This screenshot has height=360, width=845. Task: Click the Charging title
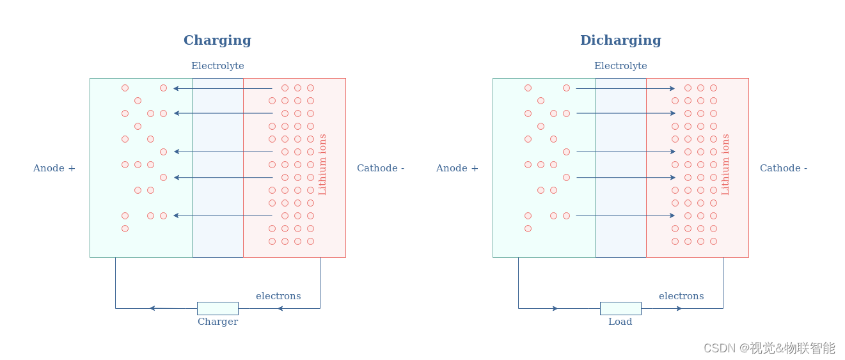(x=217, y=40)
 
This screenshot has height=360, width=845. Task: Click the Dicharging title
(x=620, y=40)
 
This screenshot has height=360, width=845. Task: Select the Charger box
(x=217, y=308)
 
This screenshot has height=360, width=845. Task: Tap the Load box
(x=620, y=308)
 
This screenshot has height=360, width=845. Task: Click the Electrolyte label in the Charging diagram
(x=217, y=66)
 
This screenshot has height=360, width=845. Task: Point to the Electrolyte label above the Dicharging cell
(x=620, y=66)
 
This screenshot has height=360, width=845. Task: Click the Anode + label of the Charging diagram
(x=54, y=168)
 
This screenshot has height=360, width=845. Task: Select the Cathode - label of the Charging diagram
(x=381, y=168)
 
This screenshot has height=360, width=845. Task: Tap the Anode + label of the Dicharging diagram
(x=457, y=168)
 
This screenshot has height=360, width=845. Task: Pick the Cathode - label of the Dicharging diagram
(x=784, y=168)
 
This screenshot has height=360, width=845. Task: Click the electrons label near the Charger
(x=278, y=296)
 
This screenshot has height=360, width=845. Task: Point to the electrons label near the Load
(x=681, y=296)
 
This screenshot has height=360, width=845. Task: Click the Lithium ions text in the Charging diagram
(x=322, y=164)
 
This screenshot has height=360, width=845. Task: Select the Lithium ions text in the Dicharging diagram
(x=725, y=164)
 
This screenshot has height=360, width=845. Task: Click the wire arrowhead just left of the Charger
(x=152, y=308)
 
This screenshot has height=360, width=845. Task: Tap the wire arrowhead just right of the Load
(x=679, y=308)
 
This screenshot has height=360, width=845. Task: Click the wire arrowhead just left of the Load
(x=555, y=308)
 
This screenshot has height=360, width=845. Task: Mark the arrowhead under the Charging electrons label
(x=280, y=308)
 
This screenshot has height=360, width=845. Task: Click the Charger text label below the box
(x=217, y=322)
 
